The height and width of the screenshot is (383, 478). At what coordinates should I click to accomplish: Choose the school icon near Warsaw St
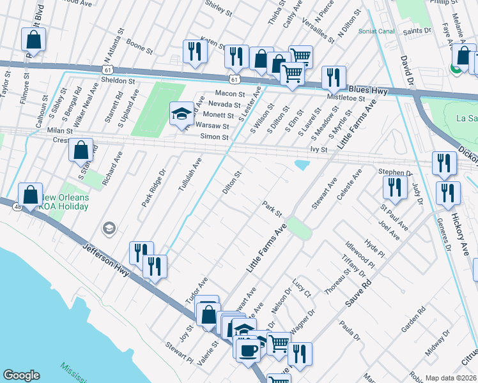point(181,114)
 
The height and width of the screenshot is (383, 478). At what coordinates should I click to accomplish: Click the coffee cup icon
point(248,349)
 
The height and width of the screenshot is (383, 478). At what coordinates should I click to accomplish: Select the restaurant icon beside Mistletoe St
point(333,77)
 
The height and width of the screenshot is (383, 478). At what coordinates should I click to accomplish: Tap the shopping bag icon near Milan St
point(81,151)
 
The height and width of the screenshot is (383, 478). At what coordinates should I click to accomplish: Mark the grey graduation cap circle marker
point(109,228)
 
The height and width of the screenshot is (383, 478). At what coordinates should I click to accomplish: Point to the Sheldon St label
point(118,81)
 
